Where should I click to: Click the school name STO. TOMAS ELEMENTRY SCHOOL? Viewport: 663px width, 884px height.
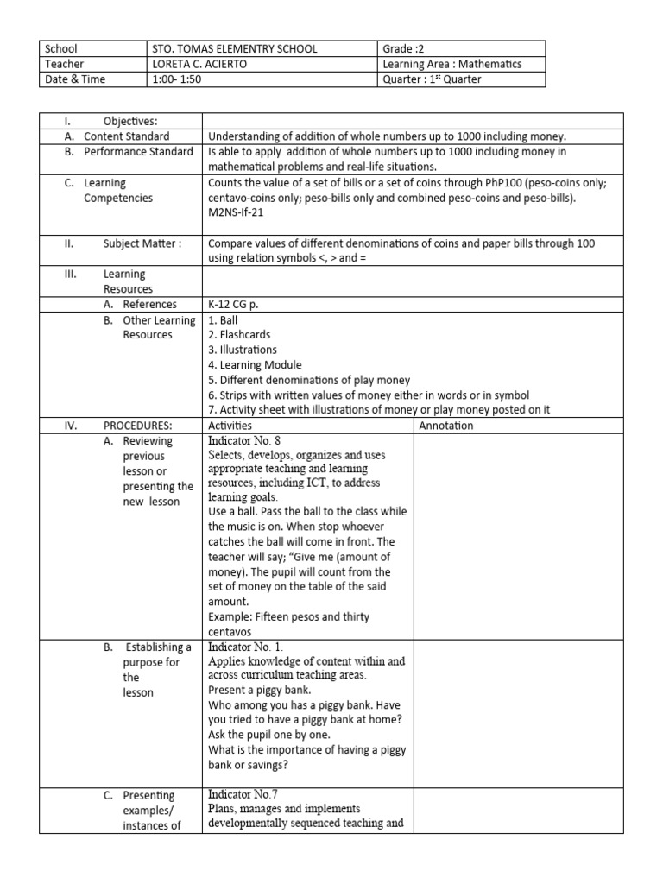tap(233, 49)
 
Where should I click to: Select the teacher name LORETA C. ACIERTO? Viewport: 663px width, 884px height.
tap(199, 64)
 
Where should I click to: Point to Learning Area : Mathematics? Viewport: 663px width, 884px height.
tap(451, 64)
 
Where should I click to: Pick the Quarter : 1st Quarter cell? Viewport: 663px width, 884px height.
tap(432, 79)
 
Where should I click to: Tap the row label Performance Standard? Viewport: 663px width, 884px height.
tap(138, 152)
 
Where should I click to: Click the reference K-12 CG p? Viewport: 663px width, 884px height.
tap(233, 304)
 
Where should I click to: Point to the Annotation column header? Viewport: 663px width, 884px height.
tap(445, 426)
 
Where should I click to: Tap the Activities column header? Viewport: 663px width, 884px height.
tap(230, 426)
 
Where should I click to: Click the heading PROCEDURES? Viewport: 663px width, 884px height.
tap(138, 426)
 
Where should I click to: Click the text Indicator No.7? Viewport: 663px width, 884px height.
tap(243, 794)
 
